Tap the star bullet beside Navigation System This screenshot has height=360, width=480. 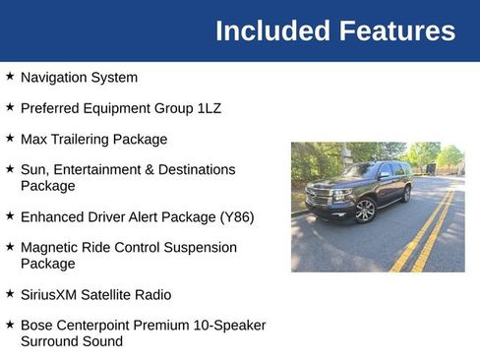point(10,76)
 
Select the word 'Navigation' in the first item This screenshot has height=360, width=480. point(54,77)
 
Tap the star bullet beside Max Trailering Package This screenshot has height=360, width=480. point(10,138)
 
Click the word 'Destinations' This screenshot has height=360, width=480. point(196,169)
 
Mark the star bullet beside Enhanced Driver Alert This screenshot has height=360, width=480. point(10,215)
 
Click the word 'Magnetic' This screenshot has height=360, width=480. point(49,248)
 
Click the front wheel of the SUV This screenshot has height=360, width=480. point(366,210)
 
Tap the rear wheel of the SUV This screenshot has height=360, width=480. point(406,194)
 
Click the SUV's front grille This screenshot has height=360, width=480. point(320,196)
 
